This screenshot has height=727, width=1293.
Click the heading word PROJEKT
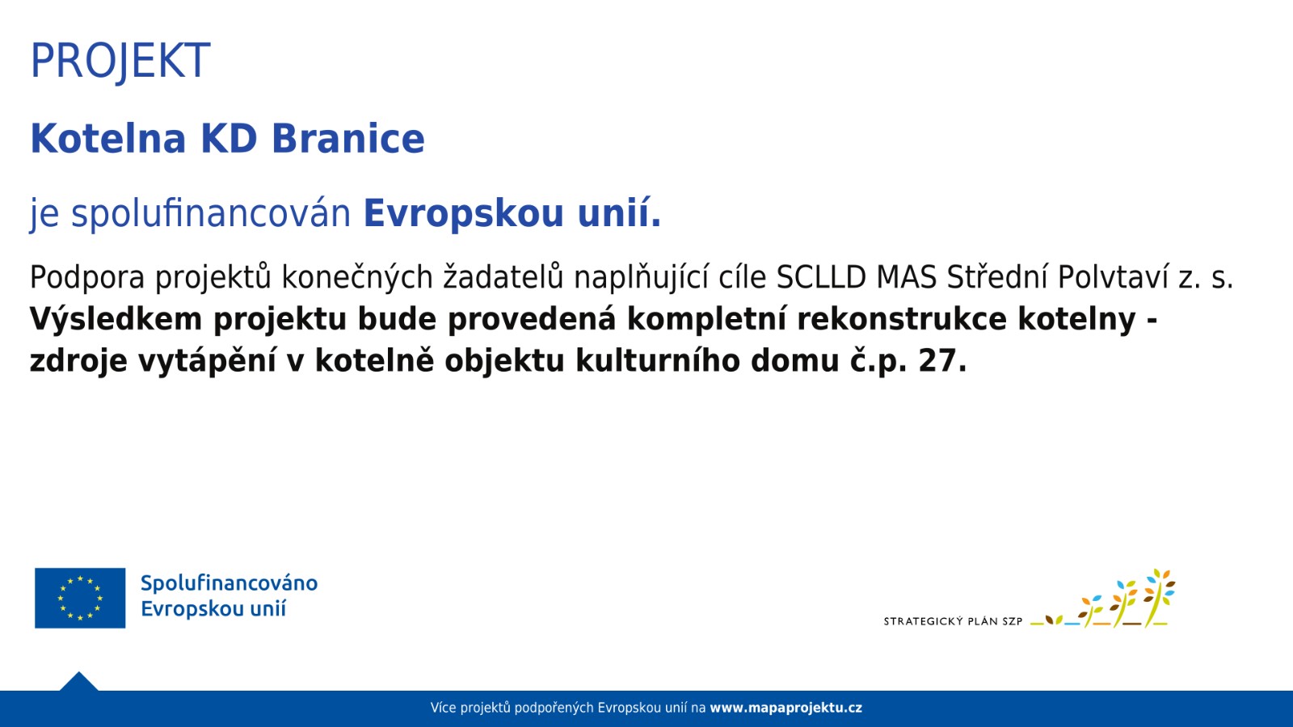pyautogui.click(x=120, y=61)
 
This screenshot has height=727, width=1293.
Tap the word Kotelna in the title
pyautogui.click(x=108, y=139)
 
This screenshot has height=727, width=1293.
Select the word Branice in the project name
pyautogui.click(x=348, y=139)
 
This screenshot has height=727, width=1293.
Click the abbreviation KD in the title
pyautogui.click(x=229, y=139)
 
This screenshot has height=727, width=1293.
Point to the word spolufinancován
pyautogui.click(x=211, y=213)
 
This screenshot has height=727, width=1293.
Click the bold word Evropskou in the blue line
pyautogui.click(x=464, y=213)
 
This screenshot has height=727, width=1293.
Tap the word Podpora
pyautogui.click(x=87, y=277)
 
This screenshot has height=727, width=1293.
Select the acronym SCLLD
pyautogui.click(x=821, y=277)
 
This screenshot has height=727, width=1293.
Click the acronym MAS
pyautogui.click(x=907, y=277)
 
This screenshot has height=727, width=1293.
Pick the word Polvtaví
pyautogui.click(x=1113, y=277)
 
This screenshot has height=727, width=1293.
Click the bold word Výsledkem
pyautogui.click(x=116, y=319)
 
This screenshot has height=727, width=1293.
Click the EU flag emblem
pyautogui.click(x=80, y=598)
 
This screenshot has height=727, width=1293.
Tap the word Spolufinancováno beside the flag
pyautogui.click(x=230, y=583)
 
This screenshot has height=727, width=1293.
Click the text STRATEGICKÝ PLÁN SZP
pyautogui.click(x=953, y=621)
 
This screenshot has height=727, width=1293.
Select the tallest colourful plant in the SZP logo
pyautogui.click(x=1159, y=598)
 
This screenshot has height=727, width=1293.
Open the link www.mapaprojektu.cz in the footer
pyautogui.click(x=785, y=708)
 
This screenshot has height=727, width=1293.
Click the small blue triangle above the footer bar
pyautogui.click(x=79, y=682)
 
